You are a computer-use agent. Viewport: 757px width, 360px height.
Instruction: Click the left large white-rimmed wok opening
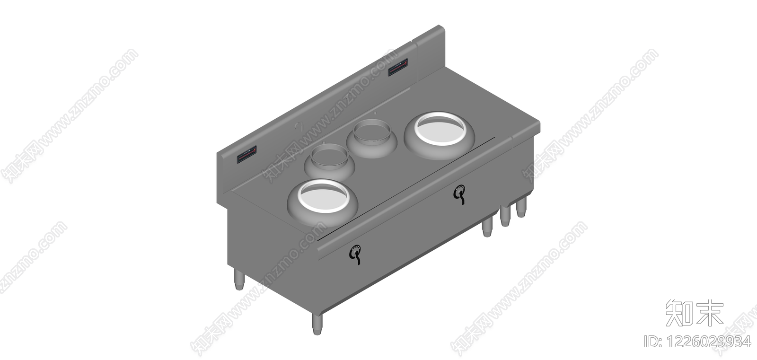click(323, 196)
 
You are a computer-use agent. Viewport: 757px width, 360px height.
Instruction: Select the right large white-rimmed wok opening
click(440, 129)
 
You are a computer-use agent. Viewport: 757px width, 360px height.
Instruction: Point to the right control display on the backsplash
click(397, 67)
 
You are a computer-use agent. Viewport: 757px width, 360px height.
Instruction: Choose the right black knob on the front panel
click(459, 194)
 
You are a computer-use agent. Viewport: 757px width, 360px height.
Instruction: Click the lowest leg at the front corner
click(317, 324)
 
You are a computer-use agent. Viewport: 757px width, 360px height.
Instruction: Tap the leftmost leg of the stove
click(239, 280)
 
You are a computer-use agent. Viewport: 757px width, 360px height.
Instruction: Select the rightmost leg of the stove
click(521, 207)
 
